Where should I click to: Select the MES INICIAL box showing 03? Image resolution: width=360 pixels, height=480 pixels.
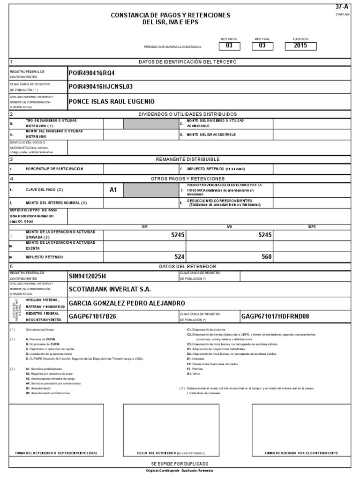[x=229, y=46]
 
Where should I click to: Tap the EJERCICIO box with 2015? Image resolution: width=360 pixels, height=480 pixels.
[x=300, y=46]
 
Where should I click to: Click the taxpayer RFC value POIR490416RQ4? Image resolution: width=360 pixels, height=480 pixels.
[x=91, y=74]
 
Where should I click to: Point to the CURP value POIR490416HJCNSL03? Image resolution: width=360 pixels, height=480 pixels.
[x=101, y=87]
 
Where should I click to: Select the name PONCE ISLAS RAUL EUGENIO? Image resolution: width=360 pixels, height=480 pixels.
[x=111, y=101]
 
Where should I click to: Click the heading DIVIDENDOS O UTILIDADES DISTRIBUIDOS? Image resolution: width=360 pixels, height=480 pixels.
[x=187, y=114]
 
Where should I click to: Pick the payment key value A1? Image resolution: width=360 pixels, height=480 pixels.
[x=113, y=190]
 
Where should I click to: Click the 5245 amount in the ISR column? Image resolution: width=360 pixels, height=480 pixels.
[x=178, y=235]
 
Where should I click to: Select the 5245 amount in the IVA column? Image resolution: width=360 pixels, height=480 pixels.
[x=265, y=235]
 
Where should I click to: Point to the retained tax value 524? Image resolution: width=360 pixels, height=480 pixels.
[x=180, y=257]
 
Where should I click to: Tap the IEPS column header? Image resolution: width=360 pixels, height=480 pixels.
[x=312, y=226]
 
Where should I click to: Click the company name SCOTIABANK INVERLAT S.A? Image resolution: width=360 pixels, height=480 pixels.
[x=110, y=289]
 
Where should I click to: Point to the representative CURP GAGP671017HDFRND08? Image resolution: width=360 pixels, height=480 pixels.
[x=275, y=316]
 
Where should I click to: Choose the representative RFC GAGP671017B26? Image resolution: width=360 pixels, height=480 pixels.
[x=92, y=316]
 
